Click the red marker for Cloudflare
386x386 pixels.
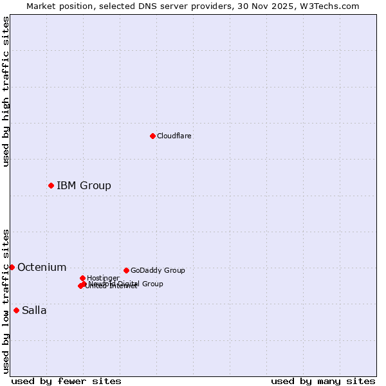pyautogui.click(x=152, y=136)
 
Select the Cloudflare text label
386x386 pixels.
pyautogui.click(x=174, y=136)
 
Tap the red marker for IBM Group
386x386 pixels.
pyautogui.click(x=51, y=185)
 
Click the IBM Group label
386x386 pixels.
pyautogui.click(x=84, y=185)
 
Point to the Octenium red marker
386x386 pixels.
pyautogui.click(x=12, y=267)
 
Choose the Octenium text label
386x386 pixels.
pyautogui.click(x=42, y=267)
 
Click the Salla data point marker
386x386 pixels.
pyautogui.click(x=16, y=310)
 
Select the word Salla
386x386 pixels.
pyautogui.click(x=34, y=310)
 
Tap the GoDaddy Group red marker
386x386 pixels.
pyautogui.click(x=126, y=270)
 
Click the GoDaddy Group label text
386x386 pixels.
pyautogui.click(x=158, y=270)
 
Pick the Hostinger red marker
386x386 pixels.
pyautogui.click(x=82, y=278)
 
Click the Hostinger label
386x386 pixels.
pyautogui.click(x=103, y=278)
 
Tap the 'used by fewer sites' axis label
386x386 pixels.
pyautogui.click(x=66, y=381)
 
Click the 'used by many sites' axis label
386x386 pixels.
pyautogui.click(x=323, y=381)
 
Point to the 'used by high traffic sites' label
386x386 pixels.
pyautogui.click(x=6, y=91)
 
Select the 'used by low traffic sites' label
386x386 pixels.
pyautogui.click(x=6, y=300)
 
